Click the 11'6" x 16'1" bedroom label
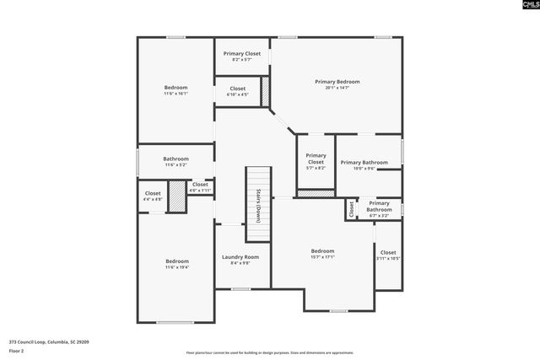[x=175, y=90]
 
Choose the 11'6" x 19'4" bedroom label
[x=177, y=264]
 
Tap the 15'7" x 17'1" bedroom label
[x=322, y=254]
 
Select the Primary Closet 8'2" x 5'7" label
[x=242, y=56]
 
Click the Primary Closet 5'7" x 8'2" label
[x=316, y=159]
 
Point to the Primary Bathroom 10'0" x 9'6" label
[x=364, y=164]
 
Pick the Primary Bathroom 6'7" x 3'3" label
[x=379, y=209]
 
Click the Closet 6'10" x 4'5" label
[x=237, y=91]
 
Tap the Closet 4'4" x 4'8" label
[x=153, y=196]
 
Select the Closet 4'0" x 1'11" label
[x=200, y=187]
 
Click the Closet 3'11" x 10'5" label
[x=387, y=255]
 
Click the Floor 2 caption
[x=17, y=350]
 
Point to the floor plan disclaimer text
[x=269, y=352]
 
